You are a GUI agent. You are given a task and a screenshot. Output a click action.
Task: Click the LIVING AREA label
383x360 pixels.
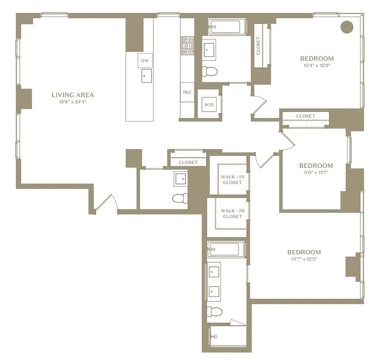click(x=72, y=95)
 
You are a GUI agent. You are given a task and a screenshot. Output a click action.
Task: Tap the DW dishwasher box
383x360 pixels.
click(x=145, y=60)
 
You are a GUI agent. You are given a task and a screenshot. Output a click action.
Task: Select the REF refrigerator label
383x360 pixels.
click(x=187, y=92)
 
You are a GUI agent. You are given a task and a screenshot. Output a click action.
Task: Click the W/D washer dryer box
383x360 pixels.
click(x=209, y=105)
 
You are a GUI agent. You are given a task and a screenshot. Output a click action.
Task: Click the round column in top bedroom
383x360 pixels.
click(x=347, y=27)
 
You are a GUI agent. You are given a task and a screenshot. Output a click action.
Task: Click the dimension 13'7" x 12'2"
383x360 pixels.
click(x=304, y=260)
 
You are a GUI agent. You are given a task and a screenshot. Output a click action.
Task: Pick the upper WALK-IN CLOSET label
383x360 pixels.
click(x=232, y=179)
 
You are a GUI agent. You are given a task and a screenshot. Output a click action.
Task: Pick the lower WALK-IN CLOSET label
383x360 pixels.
click(x=232, y=213)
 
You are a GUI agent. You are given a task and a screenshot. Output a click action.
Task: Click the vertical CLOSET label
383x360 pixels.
click(x=258, y=45)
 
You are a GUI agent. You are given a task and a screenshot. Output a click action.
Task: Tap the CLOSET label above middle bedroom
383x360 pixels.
click(x=306, y=116)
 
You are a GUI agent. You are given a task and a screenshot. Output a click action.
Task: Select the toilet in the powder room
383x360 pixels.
click(x=180, y=198)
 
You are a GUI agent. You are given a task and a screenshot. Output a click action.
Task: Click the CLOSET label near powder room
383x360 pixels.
click(x=188, y=162)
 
